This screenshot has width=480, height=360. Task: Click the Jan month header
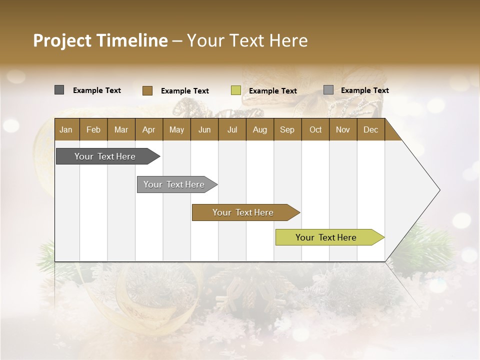pos(66,129)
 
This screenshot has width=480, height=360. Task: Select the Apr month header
pos(148,129)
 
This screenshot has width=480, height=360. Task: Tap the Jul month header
pos(232,129)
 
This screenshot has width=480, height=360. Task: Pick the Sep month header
pos(287,129)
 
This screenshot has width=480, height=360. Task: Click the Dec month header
pos(370,129)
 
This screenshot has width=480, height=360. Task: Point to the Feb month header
pos(93,129)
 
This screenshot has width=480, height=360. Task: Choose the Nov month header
pos(342,129)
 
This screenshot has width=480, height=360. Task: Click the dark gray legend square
pos(59,90)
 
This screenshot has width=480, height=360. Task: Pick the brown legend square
pos(147,90)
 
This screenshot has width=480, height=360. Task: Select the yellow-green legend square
pos(235,90)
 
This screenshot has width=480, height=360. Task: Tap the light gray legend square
pos(328,90)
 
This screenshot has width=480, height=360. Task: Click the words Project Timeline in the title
pos(100,40)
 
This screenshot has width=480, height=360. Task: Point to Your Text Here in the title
pos(247,40)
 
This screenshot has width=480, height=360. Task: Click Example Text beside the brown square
pos(184,91)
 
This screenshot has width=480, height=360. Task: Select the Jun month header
pos(204,129)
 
